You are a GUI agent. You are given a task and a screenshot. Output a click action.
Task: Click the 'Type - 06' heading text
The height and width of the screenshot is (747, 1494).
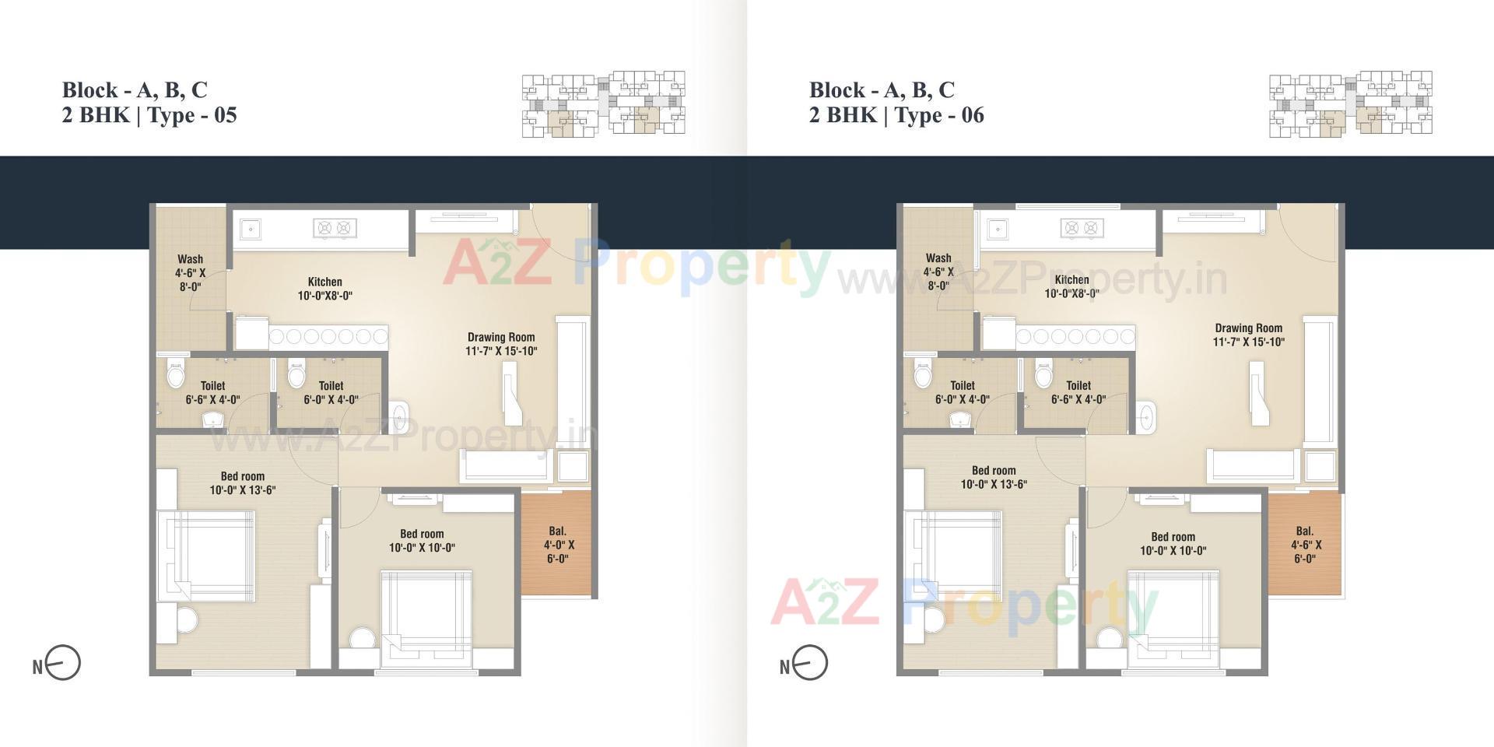click(x=939, y=115)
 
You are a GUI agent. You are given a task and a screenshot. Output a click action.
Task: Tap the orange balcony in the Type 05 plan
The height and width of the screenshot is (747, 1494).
click(x=557, y=544)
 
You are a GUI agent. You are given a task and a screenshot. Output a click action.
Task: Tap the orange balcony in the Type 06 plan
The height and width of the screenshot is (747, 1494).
click(x=1305, y=544)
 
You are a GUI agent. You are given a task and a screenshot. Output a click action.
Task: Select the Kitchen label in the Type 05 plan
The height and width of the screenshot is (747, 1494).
click(x=324, y=282)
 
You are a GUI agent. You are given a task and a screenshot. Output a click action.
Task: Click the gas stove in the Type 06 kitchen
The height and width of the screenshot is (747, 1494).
click(x=1082, y=228)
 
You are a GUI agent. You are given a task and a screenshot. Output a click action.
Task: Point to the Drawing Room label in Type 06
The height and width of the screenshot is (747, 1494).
click(x=1248, y=328)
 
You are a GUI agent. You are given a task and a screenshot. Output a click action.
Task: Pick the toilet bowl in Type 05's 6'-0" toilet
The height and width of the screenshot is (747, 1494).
click(x=296, y=376)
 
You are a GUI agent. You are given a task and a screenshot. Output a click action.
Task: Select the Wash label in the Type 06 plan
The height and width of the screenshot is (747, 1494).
click(x=938, y=258)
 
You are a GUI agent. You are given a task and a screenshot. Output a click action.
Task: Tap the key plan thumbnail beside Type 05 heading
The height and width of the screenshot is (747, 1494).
click(x=603, y=104)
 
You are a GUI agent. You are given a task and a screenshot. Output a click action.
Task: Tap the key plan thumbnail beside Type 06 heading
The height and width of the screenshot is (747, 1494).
click(x=1350, y=104)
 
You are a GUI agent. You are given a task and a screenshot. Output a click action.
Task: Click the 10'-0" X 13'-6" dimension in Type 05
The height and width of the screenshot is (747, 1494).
click(x=243, y=490)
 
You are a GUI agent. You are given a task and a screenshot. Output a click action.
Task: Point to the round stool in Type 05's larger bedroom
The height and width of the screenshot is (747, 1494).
click(x=187, y=621)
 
